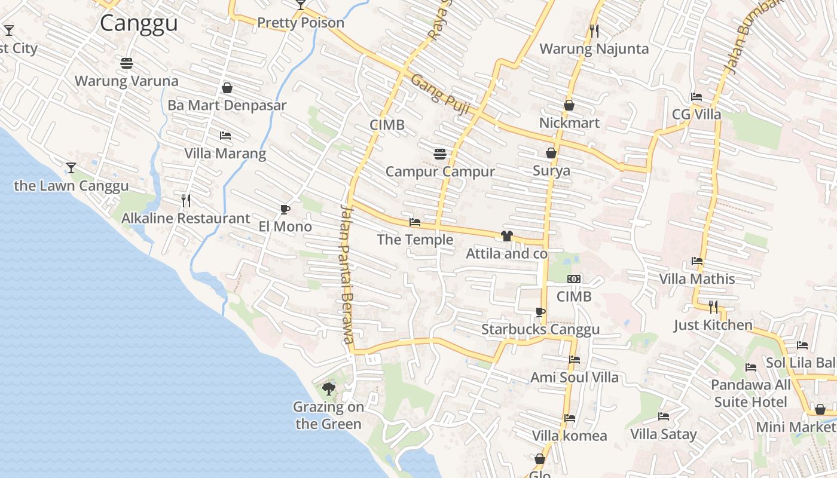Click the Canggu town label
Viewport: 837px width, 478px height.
pyautogui.click(x=139, y=23)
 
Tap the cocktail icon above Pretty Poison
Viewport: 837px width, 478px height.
pyautogui.click(x=301, y=5)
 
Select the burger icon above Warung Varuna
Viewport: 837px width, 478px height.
pyautogui.click(x=126, y=63)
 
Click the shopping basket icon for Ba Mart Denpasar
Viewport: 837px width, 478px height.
pyautogui.click(x=227, y=88)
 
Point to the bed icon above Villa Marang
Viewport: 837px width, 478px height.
pyautogui.click(x=225, y=136)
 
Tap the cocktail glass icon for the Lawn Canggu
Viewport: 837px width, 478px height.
pyautogui.click(x=71, y=168)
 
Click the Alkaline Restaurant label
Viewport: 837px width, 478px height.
pyautogui.click(x=185, y=218)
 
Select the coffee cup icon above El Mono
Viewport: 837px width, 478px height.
pyautogui.click(x=285, y=209)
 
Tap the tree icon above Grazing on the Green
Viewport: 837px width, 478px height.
pyautogui.click(x=328, y=390)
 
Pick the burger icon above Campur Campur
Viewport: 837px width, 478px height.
pyautogui.click(x=440, y=154)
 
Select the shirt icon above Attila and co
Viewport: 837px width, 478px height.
pyautogui.click(x=507, y=236)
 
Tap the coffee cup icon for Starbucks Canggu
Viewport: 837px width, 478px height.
pyautogui.click(x=540, y=312)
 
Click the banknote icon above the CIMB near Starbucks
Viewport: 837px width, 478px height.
pyautogui.click(x=574, y=279)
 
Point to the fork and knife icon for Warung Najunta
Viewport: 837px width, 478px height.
pyautogui.click(x=594, y=30)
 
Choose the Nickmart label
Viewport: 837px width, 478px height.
pyautogui.click(x=569, y=122)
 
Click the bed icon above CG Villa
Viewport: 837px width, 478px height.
pyautogui.click(x=697, y=96)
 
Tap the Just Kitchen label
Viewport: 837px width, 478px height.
pyautogui.click(x=713, y=325)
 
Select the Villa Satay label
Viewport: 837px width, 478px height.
pyautogui.click(x=664, y=434)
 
